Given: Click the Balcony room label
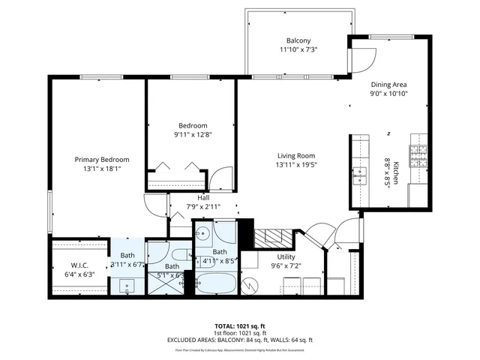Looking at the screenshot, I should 298,40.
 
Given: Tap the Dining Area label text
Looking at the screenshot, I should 388,85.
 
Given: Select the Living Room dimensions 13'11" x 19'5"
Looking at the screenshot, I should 296,164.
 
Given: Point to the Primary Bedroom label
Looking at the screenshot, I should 102,159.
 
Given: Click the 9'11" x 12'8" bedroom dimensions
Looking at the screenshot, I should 193,135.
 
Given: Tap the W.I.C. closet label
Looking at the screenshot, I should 80,265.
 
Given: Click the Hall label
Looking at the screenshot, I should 182,197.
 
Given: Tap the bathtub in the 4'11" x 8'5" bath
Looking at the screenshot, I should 216,283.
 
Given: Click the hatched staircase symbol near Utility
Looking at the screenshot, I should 271,238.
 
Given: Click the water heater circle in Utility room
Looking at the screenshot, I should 251,286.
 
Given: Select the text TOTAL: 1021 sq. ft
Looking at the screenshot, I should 240,326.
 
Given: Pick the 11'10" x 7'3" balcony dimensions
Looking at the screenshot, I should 298,51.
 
